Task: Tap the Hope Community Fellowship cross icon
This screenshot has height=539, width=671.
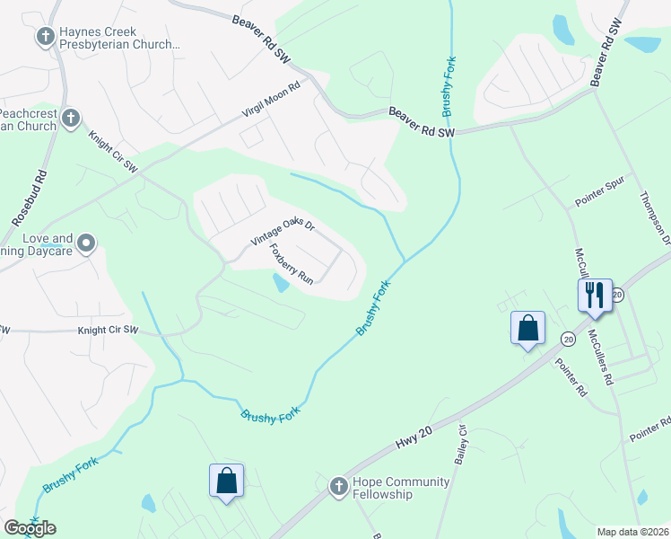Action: click(338, 487)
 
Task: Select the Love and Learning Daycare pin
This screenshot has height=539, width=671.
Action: click(86, 243)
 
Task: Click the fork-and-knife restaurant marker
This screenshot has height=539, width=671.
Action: click(595, 296)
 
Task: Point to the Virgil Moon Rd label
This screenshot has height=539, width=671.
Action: click(274, 99)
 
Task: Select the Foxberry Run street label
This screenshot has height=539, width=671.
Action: click(292, 265)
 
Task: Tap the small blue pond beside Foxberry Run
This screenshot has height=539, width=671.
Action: click(281, 284)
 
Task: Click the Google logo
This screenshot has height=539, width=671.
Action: click(30, 528)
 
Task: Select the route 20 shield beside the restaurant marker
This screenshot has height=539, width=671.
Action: click(618, 295)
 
